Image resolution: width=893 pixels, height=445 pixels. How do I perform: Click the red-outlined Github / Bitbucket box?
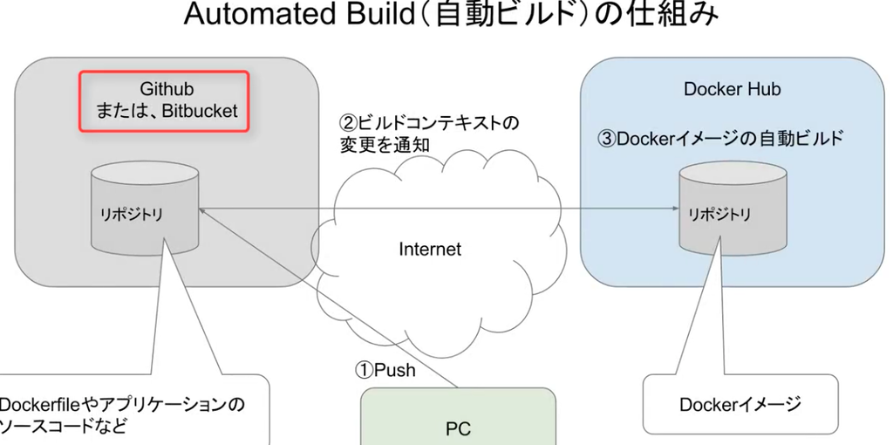coord(164,101)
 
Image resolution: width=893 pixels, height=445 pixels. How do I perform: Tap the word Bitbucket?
coord(200,111)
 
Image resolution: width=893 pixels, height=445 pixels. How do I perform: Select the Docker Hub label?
coord(732,89)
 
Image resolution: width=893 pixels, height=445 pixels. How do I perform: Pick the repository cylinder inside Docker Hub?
coord(733,210)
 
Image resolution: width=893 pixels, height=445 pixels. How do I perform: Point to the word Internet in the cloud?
coord(430,250)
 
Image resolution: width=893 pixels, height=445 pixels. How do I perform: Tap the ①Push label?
coord(385,371)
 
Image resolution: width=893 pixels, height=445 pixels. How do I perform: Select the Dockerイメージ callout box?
coord(740,404)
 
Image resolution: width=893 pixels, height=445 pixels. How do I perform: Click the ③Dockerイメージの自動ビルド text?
coord(719,139)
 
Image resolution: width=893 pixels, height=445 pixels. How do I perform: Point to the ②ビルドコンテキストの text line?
coord(429,123)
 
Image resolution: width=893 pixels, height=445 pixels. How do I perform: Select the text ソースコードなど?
coord(62,427)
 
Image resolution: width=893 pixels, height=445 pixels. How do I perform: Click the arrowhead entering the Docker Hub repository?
coord(675,209)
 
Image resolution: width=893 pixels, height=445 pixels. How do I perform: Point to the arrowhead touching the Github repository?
coord(203,209)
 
